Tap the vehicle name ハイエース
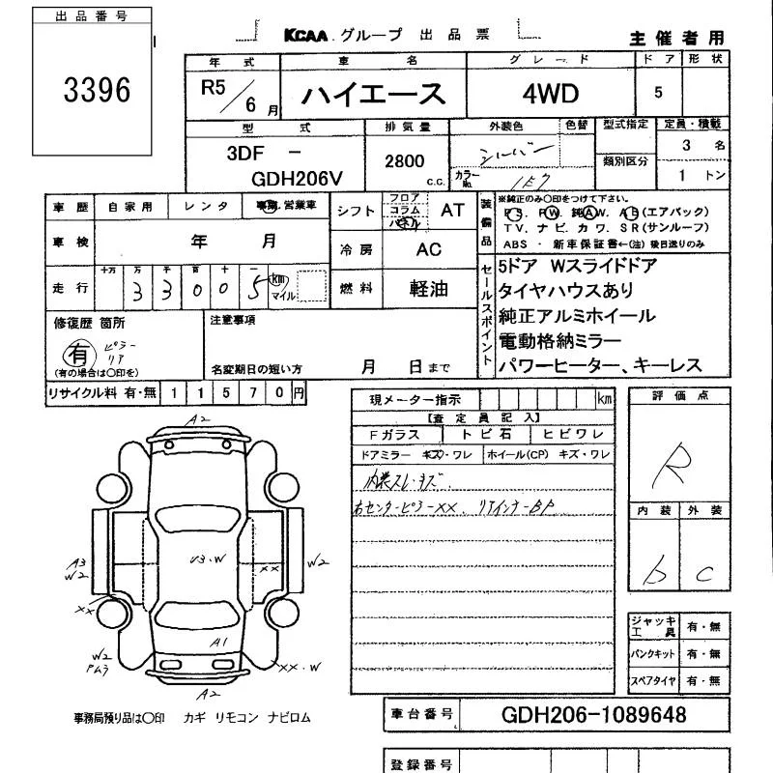coord(373,94)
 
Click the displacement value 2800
coord(405,161)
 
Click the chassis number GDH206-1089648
coord(594,715)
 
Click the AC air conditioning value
coord(428,249)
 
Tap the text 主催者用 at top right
coord(676,39)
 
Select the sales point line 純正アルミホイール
coord(577,316)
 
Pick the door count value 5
coord(659,94)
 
